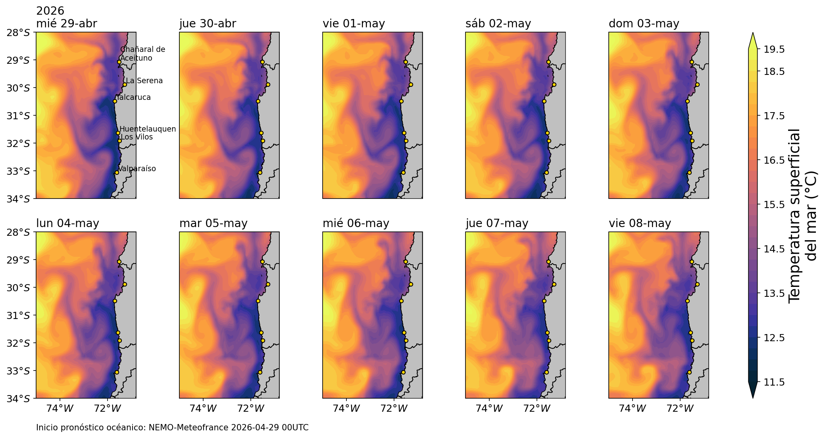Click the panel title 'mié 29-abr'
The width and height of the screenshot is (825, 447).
(66, 24)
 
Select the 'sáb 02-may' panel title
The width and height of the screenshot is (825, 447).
(498, 24)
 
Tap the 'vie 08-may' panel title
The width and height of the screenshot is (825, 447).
(640, 223)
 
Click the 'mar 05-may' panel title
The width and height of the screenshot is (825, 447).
(213, 223)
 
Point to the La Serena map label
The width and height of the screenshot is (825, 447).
(144, 81)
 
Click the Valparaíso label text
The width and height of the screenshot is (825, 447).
(137, 169)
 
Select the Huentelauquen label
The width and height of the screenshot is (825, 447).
(148, 129)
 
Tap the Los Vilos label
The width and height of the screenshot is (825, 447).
(137, 137)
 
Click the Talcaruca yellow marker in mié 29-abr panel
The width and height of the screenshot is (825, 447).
(115, 101)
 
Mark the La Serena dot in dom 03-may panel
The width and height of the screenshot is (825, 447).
(697, 84)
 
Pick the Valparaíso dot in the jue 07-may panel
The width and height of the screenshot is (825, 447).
(546, 372)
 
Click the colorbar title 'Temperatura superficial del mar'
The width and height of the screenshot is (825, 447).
(802, 216)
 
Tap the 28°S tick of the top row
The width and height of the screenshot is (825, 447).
(18, 32)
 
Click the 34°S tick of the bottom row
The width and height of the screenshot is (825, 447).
(18, 398)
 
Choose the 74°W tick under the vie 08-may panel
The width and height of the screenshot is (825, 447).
(633, 408)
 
